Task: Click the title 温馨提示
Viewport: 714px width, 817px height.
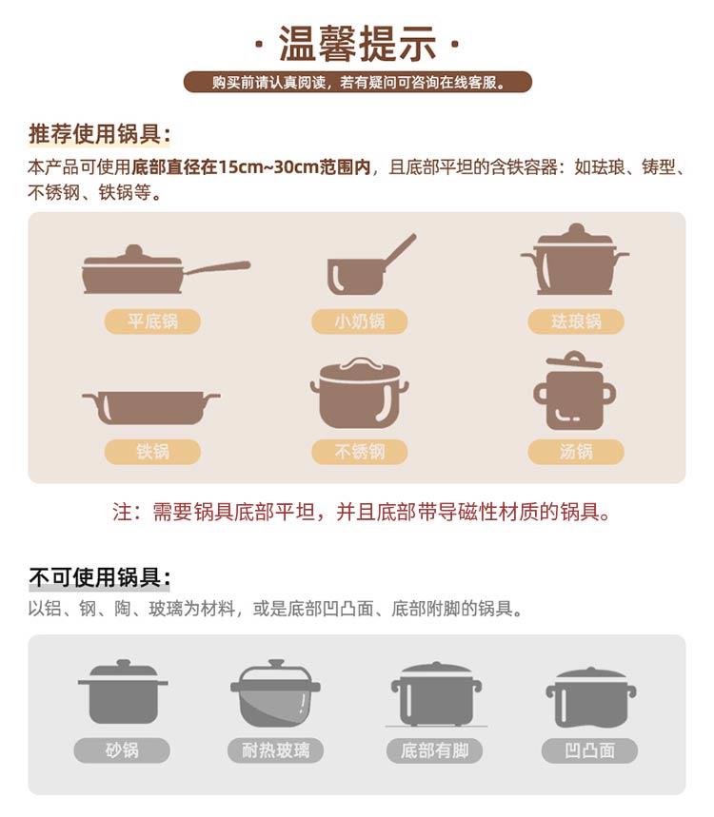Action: point(357,44)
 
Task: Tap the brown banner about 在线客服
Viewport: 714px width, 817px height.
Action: point(358,83)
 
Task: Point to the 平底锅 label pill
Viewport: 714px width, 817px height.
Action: point(152,321)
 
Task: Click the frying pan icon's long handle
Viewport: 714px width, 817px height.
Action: point(217,267)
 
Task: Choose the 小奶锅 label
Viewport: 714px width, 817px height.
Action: point(359,321)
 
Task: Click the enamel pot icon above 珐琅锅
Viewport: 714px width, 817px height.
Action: point(575,260)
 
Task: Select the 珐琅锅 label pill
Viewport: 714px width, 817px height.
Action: point(576,321)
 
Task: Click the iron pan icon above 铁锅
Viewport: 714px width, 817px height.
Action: point(151,407)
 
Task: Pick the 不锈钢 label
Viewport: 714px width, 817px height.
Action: point(359,451)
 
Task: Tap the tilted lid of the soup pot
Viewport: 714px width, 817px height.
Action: point(574,360)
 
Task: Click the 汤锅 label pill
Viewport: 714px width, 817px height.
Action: point(576,451)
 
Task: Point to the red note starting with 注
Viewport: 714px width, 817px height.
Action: point(362,513)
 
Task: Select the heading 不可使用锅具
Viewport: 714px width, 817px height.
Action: point(100,577)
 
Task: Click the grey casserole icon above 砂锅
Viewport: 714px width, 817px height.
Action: point(123,691)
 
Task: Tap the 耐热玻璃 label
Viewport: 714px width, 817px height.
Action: point(275,750)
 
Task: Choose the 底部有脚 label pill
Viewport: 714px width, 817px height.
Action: point(434,750)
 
